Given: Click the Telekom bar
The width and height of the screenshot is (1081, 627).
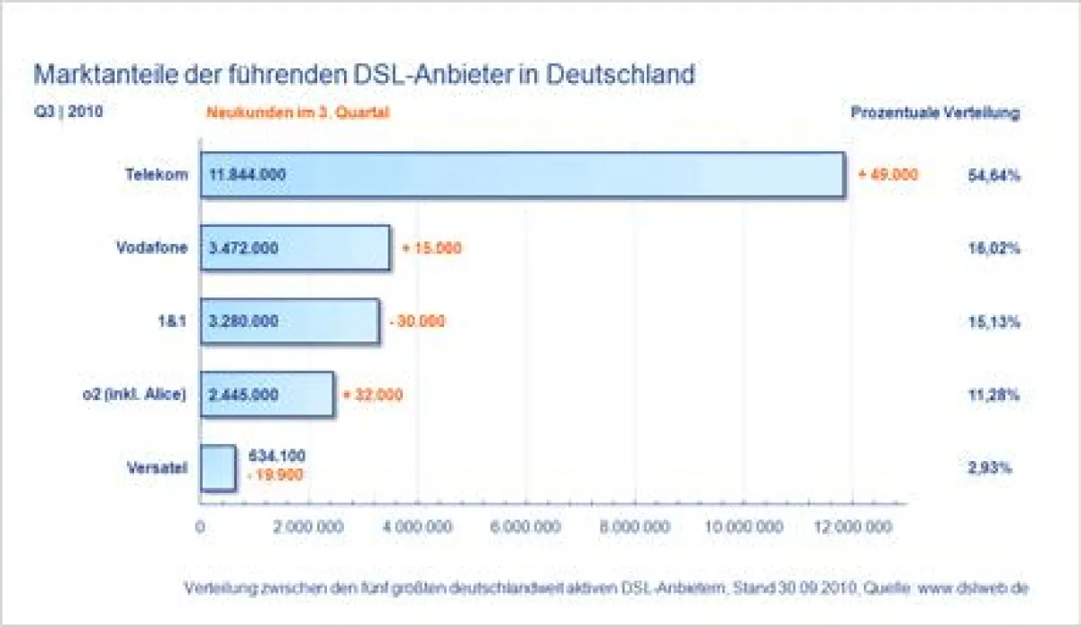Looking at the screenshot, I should pyautogui.click(x=522, y=174).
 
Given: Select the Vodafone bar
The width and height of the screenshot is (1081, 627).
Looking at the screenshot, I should pyautogui.click(x=295, y=248).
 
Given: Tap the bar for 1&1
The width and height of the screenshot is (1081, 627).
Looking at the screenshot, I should pyautogui.click(x=289, y=322).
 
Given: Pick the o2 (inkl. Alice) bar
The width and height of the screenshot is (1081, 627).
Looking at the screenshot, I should pyautogui.click(x=267, y=395).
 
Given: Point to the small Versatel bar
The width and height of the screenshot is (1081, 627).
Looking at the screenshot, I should pyautogui.click(x=218, y=468).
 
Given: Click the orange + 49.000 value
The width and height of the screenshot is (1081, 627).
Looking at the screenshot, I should pyautogui.click(x=887, y=175).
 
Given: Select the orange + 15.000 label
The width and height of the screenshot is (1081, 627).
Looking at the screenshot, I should pyautogui.click(x=431, y=248).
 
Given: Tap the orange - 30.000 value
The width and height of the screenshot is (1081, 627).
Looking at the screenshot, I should pyautogui.click(x=417, y=322).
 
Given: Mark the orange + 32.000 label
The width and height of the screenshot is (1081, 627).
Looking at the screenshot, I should pyautogui.click(x=373, y=395).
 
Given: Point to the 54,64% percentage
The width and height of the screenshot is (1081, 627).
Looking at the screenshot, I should pyautogui.click(x=988, y=176).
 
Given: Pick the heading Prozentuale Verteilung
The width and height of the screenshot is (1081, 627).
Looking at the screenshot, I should pyautogui.click(x=935, y=114).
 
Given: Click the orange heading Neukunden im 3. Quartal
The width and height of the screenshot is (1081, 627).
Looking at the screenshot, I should pyautogui.click(x=298, y=114).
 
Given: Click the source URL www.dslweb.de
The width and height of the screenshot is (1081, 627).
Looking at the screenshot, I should pyautogui.click(x=973, y=588).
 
